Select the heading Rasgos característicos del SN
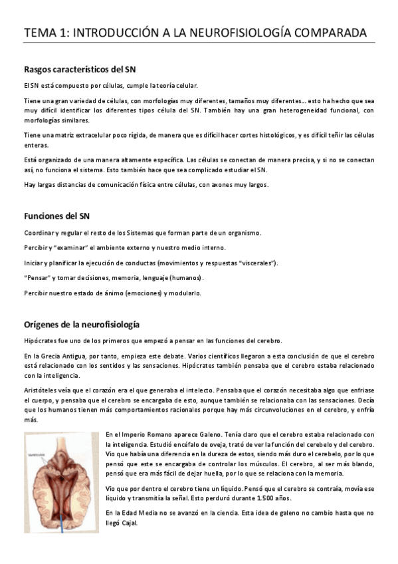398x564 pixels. click(80, 69)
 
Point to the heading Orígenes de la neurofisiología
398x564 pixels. click(81, 325)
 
